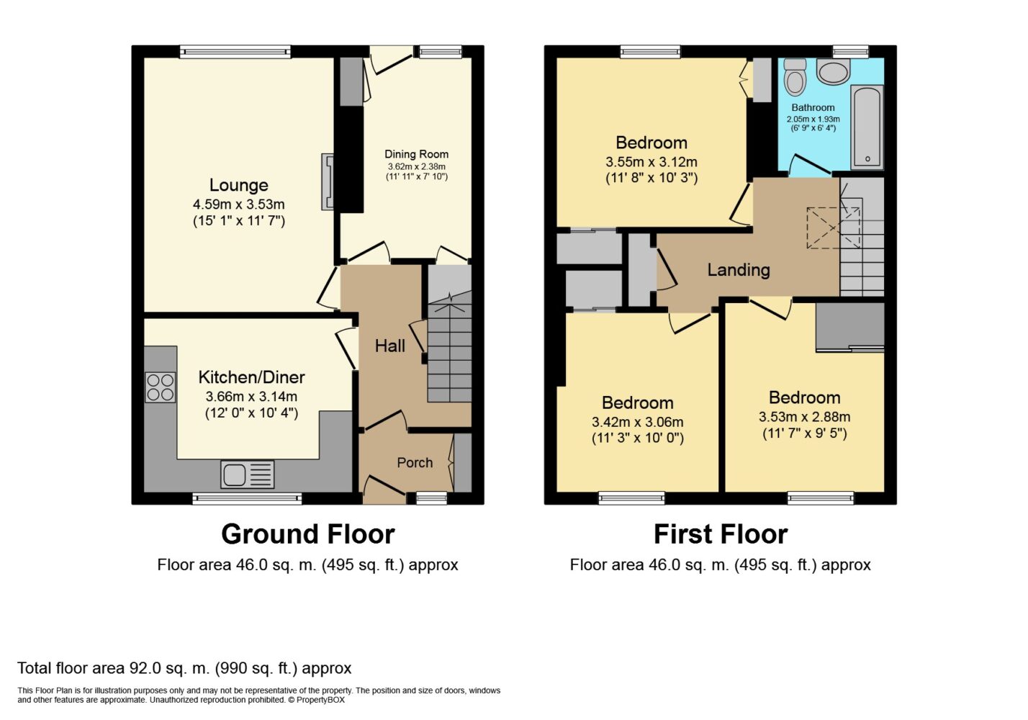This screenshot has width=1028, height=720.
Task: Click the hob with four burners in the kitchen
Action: point(160,388)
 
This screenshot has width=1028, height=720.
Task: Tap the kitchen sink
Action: point(248,474)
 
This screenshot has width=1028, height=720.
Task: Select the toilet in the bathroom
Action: point(795,76)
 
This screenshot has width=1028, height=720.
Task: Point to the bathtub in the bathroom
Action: point(867,127)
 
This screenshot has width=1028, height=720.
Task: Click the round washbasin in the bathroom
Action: point(834,71)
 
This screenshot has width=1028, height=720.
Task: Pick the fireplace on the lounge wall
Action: point(328,181)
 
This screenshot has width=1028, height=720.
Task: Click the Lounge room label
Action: point(239,185)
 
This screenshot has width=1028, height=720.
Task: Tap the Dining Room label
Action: point(416,154)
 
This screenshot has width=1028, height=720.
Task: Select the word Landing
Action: point(739,270)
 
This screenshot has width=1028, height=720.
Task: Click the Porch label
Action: point(415,462)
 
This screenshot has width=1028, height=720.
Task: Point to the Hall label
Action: point(389,346)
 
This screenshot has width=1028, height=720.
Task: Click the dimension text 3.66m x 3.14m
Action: point(251,396)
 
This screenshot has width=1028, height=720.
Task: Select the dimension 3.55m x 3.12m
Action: point(651,162)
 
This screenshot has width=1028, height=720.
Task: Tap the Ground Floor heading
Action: point(308,534)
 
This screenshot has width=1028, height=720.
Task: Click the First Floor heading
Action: point(721,534)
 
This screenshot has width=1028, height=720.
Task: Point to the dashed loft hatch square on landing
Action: point(833,228)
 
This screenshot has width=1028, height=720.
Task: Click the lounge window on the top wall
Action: point(235,52)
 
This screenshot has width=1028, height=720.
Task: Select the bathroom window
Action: point(851,52)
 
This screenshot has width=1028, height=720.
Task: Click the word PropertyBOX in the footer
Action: point(320,700)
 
